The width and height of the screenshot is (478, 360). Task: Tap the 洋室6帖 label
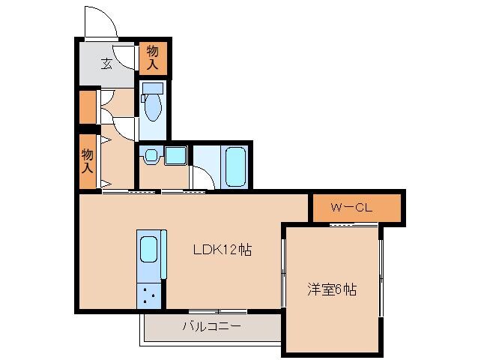(x=331, y=289)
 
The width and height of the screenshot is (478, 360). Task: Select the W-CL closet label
(x=353, y=208)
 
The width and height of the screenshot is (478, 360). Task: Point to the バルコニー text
(x=211, y=327)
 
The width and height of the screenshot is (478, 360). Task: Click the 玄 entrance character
(x=107, y=63)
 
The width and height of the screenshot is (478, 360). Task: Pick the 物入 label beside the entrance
(x=152, y=58)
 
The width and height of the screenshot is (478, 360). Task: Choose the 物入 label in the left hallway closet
(x=87, y=160)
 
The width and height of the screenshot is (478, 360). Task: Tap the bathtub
(x=235, y=166)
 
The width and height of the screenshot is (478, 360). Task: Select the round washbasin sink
(x=151, y=157)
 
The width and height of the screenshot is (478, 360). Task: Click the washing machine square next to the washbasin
(x=175, y=156)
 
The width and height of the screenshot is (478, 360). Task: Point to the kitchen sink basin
(x=148, y=248)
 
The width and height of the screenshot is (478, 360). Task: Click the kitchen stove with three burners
(x=148, y=295)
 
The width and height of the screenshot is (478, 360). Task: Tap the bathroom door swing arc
(x=201, y=176)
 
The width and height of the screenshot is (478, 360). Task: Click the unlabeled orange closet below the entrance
(x=87, y=106)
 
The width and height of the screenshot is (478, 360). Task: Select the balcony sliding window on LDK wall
(x=217, y=311)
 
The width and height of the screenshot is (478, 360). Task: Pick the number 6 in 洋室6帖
(x=336, y=289)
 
